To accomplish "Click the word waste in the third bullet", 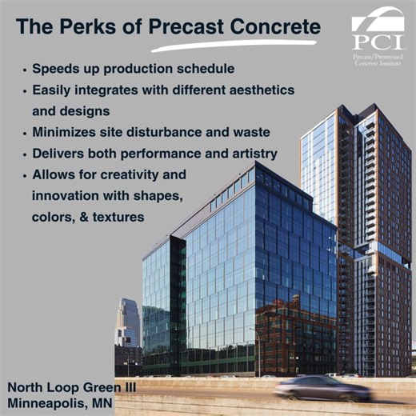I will (249, 132).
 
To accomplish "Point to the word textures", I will (119, 217).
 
